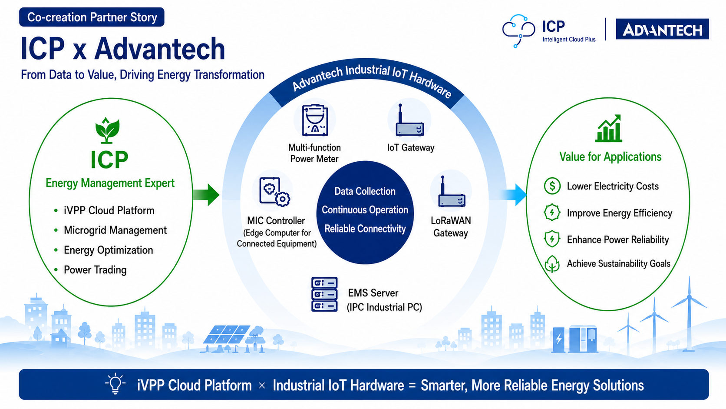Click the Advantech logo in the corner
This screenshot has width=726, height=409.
click(662, 29)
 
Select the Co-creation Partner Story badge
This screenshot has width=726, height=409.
click(92, 17)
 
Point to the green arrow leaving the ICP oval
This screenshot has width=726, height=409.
click(206, 195)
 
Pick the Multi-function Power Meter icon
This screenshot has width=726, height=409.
click(315, 120)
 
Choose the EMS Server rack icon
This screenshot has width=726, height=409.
click(324, 294)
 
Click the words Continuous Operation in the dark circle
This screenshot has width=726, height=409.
click(365, 210)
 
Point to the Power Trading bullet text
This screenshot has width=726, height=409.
click(95, 270)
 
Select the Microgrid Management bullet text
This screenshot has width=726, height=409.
click(115, 230)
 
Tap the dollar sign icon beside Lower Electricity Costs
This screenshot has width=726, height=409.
click(552, 186)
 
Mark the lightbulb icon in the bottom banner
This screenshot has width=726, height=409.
click(115, 384)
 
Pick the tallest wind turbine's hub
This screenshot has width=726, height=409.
click(690, 297)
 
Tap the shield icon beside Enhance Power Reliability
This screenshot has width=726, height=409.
click(552, 239)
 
